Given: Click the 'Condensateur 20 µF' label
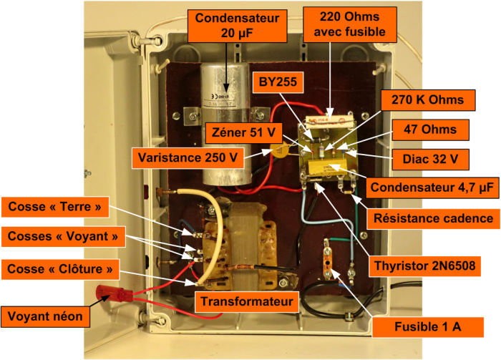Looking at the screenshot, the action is (x=237, y=26).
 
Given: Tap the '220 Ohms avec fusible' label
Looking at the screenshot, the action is (x=350, y=24).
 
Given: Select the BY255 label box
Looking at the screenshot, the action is (x=278, y=82).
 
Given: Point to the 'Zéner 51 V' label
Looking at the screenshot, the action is (x=243, y=132).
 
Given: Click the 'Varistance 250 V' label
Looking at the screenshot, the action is (x=188, y=157).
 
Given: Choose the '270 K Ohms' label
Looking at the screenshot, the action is (x=428, y=100).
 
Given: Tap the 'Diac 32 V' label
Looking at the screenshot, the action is (x=430, y=159).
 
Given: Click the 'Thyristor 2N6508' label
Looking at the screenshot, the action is (x=424, y=266).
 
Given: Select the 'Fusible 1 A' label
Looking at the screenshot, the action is (x=428, y=327).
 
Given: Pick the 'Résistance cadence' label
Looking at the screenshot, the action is (x=433, y=219).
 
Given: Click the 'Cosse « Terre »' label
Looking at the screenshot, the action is (x=55, y=207).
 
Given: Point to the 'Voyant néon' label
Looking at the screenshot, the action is (x=45, y=316).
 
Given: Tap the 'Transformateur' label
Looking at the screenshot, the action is (x=247, y=301).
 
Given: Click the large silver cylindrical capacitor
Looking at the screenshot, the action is (x=225, y=123).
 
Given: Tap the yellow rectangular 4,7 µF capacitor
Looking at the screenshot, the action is (x=328, y=170).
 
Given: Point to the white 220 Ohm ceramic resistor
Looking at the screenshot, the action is (x=329, y=121).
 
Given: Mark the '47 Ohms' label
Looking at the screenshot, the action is (x=430, y=130).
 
